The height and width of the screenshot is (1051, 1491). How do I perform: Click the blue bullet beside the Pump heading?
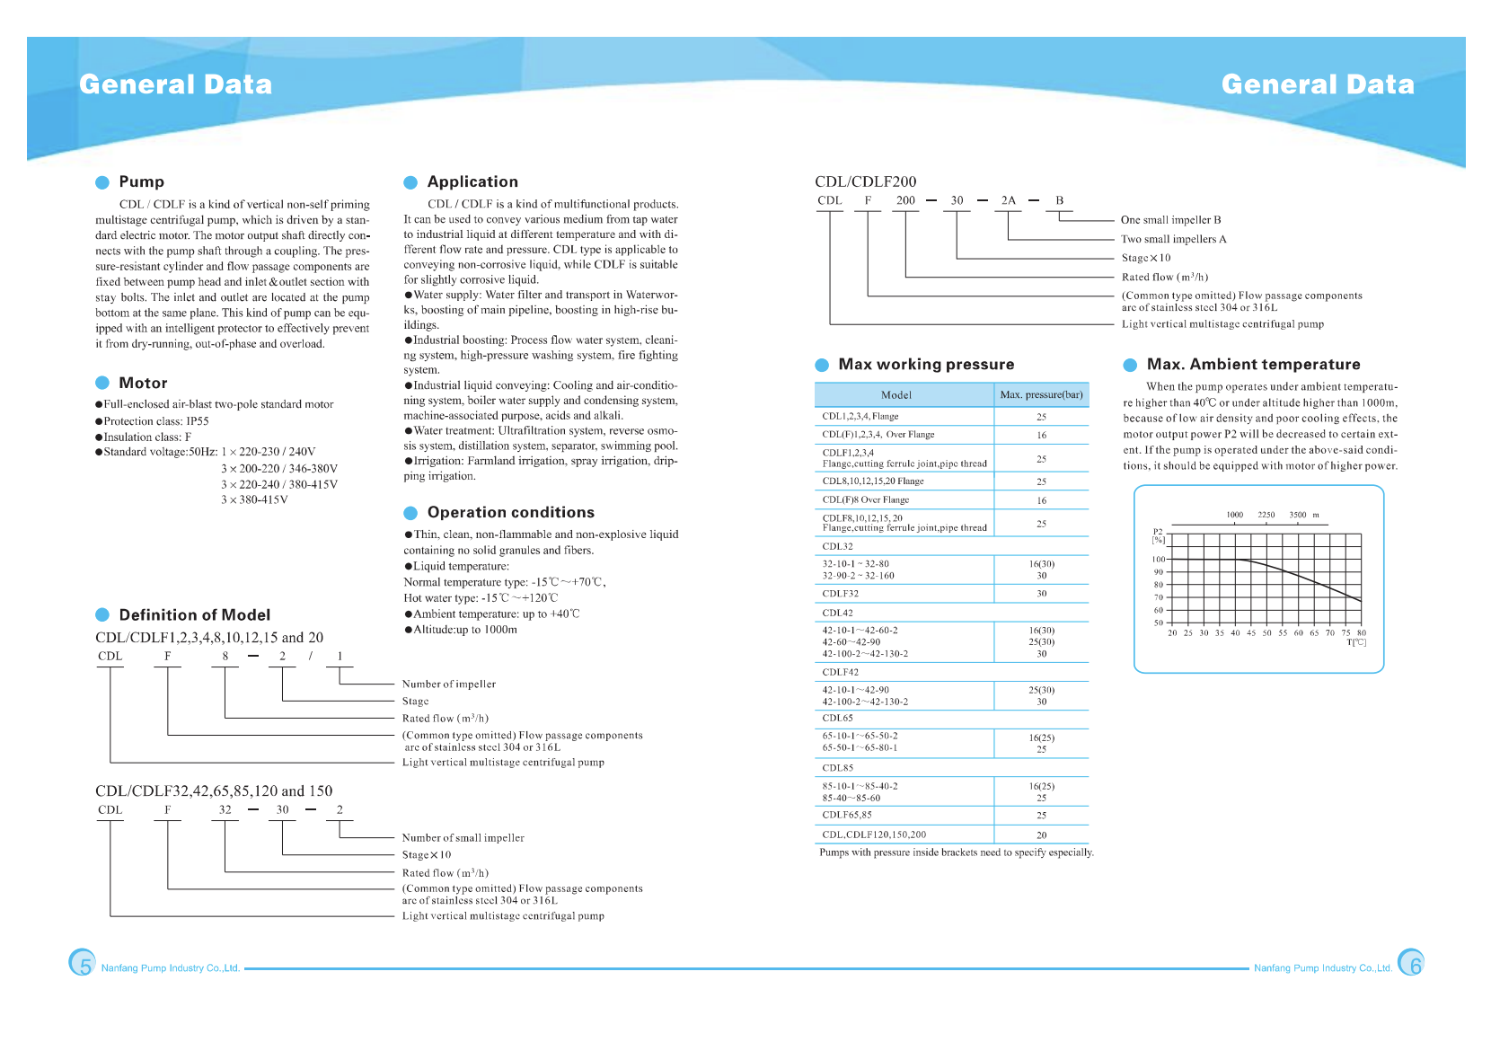point(102,182)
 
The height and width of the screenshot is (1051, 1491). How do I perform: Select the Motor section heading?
point(143,383)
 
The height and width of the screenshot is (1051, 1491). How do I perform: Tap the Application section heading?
point(472,181)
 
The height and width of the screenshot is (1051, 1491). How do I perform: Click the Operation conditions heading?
point(510,512)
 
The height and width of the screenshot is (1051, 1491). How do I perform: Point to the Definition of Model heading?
point(194,614)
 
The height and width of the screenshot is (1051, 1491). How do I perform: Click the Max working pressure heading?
point(926,364)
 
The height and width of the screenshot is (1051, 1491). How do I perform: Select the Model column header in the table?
point(896,395)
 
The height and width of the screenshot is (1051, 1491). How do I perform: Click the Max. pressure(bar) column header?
point(1041,395)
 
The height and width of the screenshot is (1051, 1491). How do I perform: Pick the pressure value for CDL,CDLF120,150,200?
point(1041,835)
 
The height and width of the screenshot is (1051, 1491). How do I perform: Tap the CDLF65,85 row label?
point(847,815)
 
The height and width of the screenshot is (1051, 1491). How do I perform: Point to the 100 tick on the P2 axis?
point(1159,560)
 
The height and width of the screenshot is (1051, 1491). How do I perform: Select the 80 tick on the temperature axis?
point(1362,633)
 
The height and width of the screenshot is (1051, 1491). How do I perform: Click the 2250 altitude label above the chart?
point(1266,515)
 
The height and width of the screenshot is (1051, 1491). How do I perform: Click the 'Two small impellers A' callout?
point(1173,239)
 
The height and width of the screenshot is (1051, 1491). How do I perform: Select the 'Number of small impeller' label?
point(463,838)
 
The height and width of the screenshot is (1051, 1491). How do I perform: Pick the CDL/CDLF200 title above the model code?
point(866,181)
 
